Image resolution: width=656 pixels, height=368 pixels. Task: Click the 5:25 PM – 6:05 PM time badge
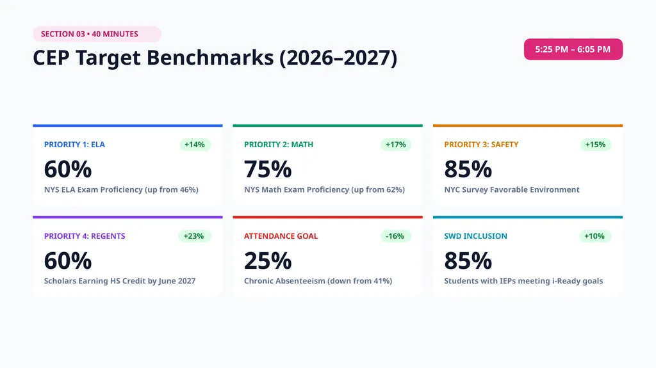click(573, 49)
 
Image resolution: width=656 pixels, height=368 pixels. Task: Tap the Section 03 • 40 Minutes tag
click(97, 34)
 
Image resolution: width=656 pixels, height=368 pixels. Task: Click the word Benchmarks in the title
click(210, 58)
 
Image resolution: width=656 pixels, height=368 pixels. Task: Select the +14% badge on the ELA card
click(195, 145)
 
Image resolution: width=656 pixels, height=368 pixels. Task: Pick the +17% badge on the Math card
click(396, 145)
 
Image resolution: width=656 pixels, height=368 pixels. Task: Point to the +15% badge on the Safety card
click(596, 145)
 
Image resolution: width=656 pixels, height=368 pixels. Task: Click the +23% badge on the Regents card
click(194, 236)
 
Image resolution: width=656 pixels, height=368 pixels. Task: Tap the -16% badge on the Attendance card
click(395, 236)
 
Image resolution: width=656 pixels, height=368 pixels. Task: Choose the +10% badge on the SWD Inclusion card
click(595, 236)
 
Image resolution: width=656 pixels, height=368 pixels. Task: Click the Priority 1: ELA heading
click(74, 145)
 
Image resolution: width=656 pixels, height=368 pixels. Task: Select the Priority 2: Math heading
click(279, 145)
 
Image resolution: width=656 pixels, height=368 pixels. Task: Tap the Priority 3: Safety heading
click(481, 145)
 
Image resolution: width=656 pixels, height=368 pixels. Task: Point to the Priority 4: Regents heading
click(85, 236)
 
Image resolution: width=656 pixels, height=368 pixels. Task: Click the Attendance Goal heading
click(281, 236)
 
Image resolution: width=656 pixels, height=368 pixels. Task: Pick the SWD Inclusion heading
click(476, 236)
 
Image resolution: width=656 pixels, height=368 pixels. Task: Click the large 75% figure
click(268, 170)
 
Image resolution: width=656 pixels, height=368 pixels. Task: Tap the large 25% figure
click(268, 261)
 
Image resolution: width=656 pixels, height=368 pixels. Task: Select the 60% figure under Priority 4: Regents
click(68, 261)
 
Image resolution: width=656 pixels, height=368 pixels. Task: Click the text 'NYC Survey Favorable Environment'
click(512, 190)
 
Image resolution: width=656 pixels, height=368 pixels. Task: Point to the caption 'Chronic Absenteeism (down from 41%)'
click(318, 281)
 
